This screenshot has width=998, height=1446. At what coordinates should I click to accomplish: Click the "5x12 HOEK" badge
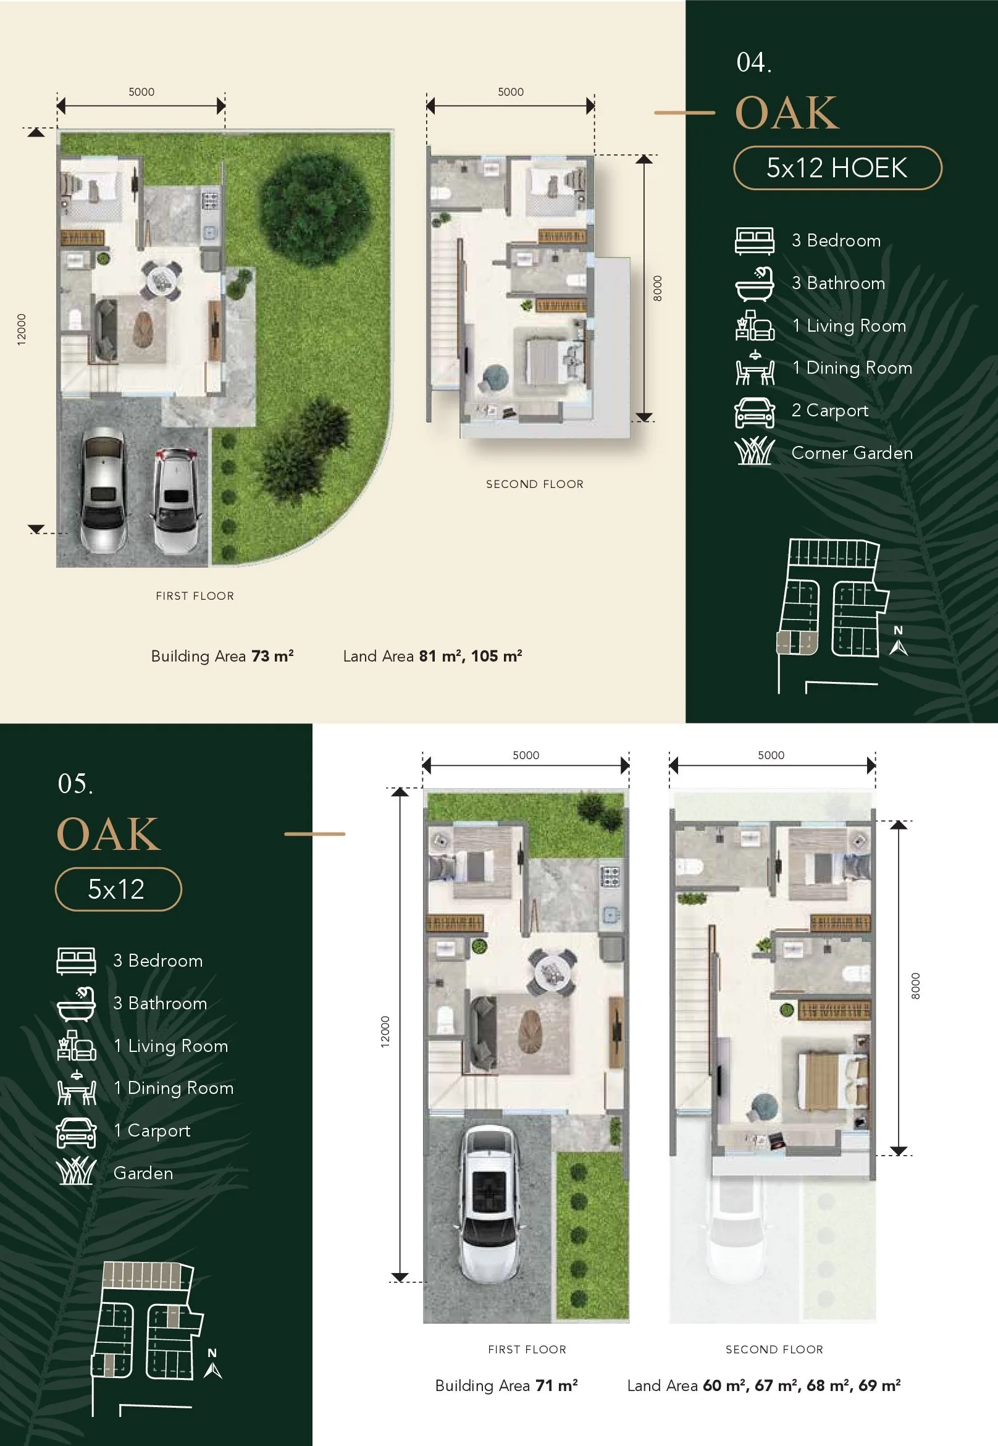(837, 167)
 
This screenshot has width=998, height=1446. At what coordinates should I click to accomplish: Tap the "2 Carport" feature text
(830, 410)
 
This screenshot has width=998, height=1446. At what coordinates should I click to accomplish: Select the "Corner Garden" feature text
(852, 453)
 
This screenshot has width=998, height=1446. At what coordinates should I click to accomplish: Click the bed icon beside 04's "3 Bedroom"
(754, 241)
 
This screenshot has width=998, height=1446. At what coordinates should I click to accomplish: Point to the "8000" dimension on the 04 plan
(657, 288)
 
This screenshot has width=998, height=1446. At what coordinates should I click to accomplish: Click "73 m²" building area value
(272, 656)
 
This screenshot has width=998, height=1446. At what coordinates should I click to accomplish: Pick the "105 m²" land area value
(497, 656)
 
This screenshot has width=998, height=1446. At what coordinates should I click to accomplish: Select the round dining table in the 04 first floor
(161, 278)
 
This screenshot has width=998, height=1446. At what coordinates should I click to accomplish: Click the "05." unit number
(76, 784)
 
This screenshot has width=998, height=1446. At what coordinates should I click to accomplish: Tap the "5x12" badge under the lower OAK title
(118, 889)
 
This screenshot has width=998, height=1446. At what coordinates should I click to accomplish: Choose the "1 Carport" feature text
(152, 1131)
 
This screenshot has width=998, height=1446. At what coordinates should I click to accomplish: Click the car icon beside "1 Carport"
(77, 1132)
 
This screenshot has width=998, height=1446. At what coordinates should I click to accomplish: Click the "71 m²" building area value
(556, 1385)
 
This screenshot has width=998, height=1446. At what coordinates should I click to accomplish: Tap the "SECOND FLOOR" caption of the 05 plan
(774, 1350)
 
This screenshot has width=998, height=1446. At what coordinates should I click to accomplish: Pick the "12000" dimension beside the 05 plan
(385, 1032)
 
